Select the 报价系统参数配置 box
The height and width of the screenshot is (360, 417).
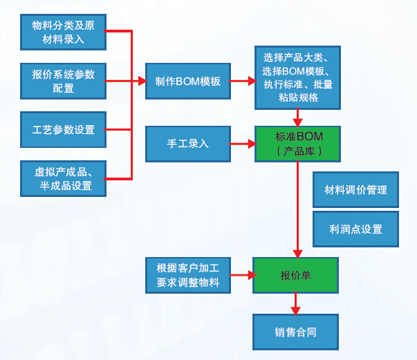[63, 81]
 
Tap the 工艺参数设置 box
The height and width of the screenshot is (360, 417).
[63, 129]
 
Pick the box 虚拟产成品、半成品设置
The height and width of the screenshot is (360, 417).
[63, 178]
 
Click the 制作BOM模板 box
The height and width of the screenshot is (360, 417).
[188, 81]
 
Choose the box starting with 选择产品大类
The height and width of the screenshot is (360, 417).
[297, 77]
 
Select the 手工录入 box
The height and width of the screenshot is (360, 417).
[187, 144]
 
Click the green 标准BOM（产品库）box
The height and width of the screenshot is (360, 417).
[298, 144]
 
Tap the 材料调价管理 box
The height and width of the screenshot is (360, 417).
[355, 189]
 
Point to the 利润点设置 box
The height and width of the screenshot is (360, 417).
[355, 229]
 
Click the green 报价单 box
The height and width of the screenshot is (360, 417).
[295, 275]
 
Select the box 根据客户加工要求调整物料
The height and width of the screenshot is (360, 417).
[187, 275]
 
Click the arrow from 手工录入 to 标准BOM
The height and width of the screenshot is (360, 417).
[242, 144]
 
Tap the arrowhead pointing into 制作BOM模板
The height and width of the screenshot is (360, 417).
[141, 81]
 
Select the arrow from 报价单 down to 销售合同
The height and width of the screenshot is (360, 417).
[295, 303]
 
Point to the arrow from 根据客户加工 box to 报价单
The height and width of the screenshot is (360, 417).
[242, 275]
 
